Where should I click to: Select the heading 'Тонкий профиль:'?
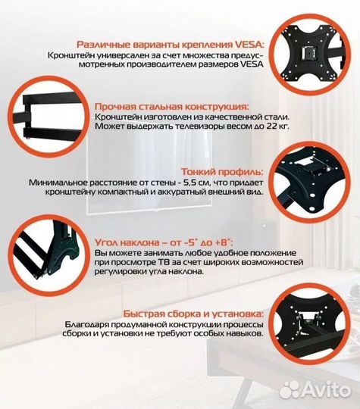[x=223, y=171]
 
